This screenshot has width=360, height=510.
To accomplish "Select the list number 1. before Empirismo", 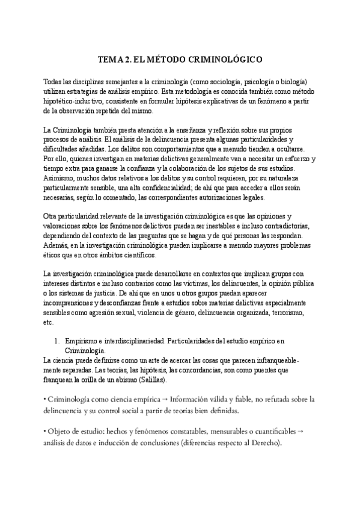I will coord(58,341).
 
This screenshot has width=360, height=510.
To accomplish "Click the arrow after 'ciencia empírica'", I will coord(165,399).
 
